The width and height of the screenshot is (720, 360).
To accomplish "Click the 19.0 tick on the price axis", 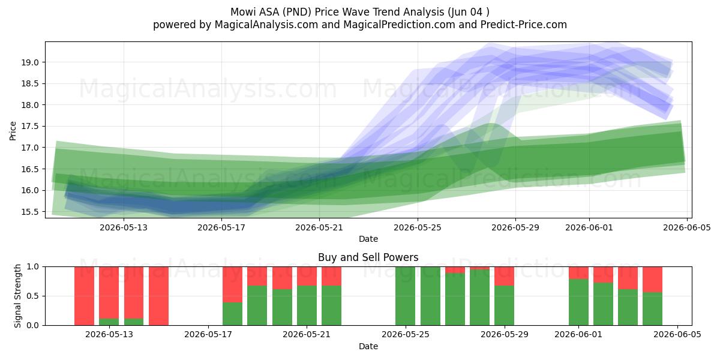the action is [30, 62].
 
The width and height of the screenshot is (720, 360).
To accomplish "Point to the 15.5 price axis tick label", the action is [30, 212].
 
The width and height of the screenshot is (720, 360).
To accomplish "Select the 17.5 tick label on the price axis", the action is [30, 127].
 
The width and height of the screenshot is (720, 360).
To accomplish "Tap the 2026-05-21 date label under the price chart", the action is [319, 227].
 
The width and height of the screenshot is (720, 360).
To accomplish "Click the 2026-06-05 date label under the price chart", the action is [687, 227].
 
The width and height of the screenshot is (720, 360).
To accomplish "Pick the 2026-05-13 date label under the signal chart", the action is [109, 335].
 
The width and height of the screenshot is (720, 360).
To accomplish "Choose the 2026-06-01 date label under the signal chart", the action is [578, 335].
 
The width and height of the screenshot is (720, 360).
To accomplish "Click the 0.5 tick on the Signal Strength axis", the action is [32, 296].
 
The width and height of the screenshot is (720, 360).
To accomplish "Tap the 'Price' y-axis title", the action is [13, 131].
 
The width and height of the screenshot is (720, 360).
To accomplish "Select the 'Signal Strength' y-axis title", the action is [17, 296].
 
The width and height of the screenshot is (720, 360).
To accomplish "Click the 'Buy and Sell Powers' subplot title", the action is [368, 257].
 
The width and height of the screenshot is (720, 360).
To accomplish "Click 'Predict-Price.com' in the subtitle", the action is [524, 25].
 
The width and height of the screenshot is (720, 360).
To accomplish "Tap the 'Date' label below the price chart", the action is [368, 239].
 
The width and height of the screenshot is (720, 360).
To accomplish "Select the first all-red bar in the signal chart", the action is [84, 296].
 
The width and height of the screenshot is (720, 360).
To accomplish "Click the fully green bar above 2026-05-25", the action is [405, 296].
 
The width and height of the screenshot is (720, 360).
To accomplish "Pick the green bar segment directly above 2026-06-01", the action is [578, 302].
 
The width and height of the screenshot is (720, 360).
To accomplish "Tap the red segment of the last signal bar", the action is [653, 280].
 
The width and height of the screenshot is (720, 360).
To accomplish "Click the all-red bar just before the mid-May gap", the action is [158, 296].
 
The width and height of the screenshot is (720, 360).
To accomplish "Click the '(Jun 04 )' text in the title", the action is [469, 12].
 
